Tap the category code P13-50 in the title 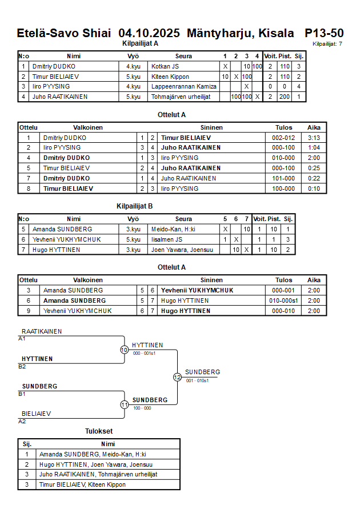(x=324, y=33)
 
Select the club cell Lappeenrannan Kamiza (x=183, y=86)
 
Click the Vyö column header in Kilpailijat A (x=133, y=56)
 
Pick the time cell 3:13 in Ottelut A (x=314, y=138)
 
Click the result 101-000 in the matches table (x=283, y=178)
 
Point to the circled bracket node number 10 (x=124, y=350)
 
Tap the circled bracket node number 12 (x=177, y=377)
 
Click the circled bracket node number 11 (x=124, y=404)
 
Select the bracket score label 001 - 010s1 (x=197, y=380)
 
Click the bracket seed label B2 (x=22, y=366)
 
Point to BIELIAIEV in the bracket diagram (x=37, y=414)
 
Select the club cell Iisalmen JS (x=167, y=239)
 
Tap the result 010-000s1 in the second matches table (x=285, y=300)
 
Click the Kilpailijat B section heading (x=134, y=207)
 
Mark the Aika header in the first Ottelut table (x=314, y=127)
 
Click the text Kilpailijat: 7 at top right (x=327, y=43)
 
